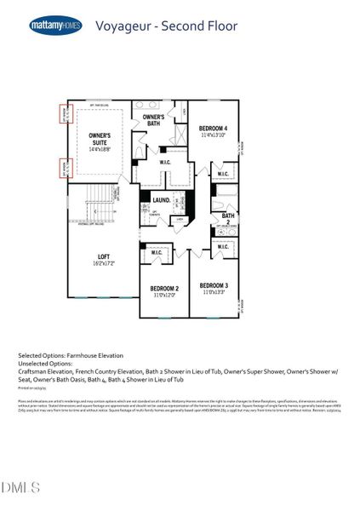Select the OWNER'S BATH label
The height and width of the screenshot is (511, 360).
point(153,120)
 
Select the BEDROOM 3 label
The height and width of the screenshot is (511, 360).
point(213,284)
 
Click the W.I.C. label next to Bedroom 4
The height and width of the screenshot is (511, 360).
point(223,175)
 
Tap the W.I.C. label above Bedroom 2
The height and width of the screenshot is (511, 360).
point(157,252)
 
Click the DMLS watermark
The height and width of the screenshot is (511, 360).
point(21,487)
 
